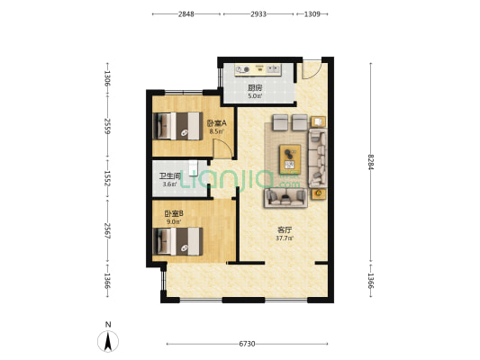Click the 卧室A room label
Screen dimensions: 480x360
(217, 123)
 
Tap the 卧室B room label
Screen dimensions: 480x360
(174, 213)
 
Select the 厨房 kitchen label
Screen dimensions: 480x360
(255, 88)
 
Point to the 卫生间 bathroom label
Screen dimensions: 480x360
(170, 176)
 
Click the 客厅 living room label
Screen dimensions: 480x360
(285, 229)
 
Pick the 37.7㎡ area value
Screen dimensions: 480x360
(285, 238)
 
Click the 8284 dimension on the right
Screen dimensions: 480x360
(371, 161)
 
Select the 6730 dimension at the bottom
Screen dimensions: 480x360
(247, 344)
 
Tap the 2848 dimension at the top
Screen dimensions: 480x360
(186, 14)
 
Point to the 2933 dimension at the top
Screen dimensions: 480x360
(258, 14)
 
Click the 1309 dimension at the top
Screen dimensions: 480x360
(312, 14)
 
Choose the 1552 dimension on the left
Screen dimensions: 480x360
(107, 178)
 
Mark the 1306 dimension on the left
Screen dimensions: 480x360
(107, 78)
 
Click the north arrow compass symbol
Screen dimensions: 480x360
(108, 341)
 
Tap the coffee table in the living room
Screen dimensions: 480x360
(290, 159)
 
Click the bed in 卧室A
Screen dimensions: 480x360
(177, 126)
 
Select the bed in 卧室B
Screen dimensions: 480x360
(177, 241)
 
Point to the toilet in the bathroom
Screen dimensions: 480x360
(193, 168)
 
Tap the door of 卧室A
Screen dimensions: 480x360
(222, 148)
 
